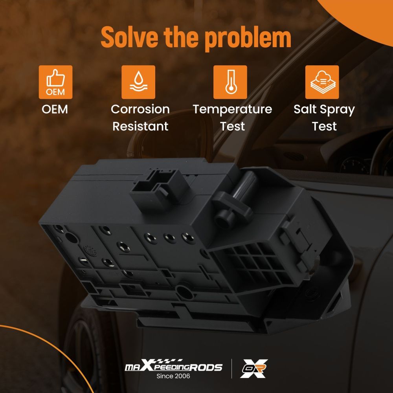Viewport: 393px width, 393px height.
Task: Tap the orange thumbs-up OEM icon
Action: pos(55,82)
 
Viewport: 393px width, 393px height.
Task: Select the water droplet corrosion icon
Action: pos(138,82)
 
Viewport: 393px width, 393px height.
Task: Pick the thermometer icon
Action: pos(230,82)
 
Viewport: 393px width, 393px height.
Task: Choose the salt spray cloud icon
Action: pos(322,82)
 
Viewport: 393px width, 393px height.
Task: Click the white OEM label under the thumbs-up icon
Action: pos(55,109)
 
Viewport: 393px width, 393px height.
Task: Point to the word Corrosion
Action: pos(140,109)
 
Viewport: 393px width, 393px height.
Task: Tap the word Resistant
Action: pos(140,126)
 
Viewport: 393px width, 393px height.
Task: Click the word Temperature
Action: pos(232,110)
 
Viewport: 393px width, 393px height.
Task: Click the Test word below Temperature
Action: pos(232,126)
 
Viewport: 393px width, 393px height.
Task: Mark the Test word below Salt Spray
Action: pos(324,126)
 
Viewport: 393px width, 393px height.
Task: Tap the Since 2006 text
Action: pos(173,376)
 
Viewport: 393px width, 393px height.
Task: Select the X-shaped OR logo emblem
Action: pos(254,368)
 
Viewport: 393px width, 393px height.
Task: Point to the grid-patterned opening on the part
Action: pos(256,263)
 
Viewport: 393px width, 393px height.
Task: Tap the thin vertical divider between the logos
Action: pos(231,369)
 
